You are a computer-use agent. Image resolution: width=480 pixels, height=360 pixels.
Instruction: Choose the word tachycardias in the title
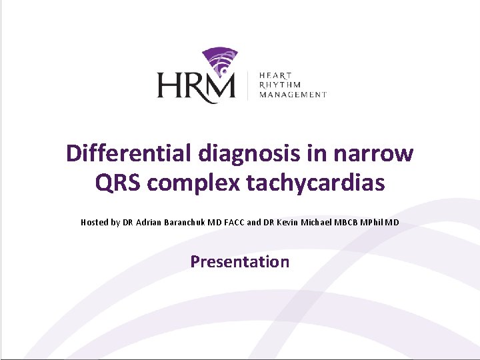(315, 183)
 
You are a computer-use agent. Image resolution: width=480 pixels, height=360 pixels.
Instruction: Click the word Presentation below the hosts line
(240, 261)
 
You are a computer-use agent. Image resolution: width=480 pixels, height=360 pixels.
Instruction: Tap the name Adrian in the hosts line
(149, 222)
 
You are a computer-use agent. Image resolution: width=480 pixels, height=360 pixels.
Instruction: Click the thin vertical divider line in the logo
(248, 85)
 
